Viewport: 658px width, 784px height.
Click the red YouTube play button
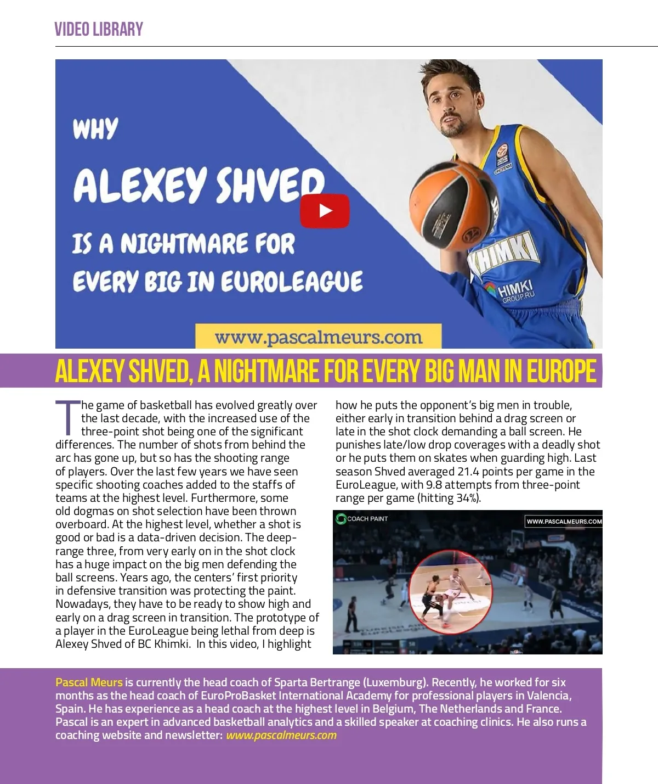[x=325, y=211]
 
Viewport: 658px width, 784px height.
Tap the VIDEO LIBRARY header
[x=99, y=30]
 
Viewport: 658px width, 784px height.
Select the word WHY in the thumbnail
[x=95, y=129]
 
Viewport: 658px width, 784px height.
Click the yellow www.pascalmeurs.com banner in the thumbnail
[x=319, y=337]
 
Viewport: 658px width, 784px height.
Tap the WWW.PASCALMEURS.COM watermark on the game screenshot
[x=564, y=522]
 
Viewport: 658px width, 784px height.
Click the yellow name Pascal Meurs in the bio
[x=89, y=682]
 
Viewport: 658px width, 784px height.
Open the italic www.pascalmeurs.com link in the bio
[x=281, y=735]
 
